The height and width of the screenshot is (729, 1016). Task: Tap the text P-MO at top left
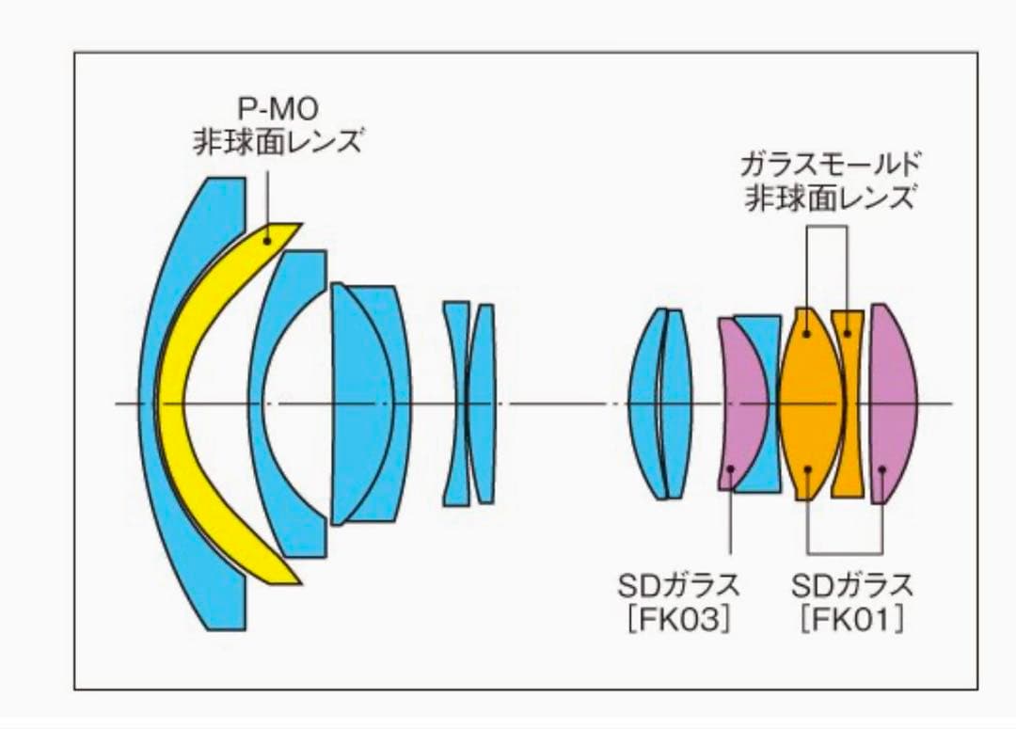(x=278, y=109)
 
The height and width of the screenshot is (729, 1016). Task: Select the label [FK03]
(x=678, y=620)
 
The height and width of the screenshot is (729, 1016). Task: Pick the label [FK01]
(x=851, y=620)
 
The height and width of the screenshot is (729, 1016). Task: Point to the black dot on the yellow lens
(x=266, y=241)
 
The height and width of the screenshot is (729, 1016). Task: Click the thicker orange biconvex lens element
(x=811, y=403)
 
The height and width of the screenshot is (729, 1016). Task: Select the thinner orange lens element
(x=848, y=403)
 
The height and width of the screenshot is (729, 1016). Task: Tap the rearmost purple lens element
(x=893, y=403)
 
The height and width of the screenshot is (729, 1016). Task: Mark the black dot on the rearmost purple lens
(x=881, y=468)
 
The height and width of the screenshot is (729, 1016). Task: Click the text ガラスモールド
(x=831, y=165)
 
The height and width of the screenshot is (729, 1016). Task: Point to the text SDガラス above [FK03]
(x=678, y=586)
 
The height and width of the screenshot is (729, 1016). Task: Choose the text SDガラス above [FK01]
(x=851, y=586)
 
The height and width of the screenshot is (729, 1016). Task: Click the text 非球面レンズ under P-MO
(x=278, y=141)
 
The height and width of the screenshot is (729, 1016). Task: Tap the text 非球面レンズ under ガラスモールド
(x=831, y=197)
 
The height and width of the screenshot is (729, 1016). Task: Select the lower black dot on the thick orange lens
(x=807, y=468)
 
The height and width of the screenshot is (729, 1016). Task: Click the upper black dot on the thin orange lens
(x=847, y=333)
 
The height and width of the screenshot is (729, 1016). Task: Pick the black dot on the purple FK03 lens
(x=731, y=468)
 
